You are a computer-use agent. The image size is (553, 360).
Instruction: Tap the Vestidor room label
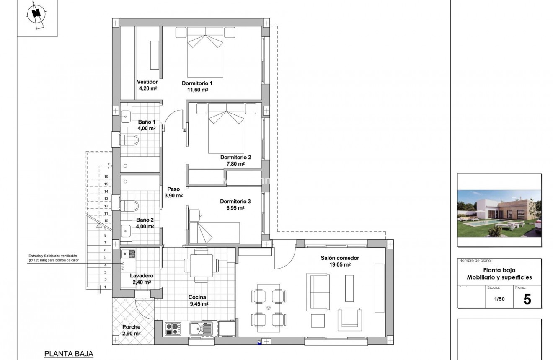coord(147,82)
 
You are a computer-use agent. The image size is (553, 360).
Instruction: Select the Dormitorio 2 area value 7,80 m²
coord(235,164)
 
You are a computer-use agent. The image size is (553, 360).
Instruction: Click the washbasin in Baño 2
coord(127,229)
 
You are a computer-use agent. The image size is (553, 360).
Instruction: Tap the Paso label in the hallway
coord(173,189)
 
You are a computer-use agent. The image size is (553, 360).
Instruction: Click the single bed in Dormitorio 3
coord(214,233)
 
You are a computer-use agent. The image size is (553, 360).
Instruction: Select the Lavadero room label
coord(142,276)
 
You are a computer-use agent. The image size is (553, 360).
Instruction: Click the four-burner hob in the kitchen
coord(173,329)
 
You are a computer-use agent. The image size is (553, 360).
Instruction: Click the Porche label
coord(131,327)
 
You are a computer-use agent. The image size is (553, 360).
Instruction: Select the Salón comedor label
coord(340,258)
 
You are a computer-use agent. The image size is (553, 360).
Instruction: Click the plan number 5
coord(527,299)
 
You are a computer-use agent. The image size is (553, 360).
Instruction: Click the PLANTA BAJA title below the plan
coord(68,354)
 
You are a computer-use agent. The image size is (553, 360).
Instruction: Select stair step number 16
coord(95,176)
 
